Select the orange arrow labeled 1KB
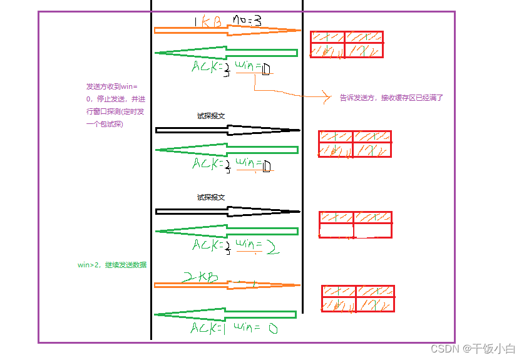click(x=225, y=30)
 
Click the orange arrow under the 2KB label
click(x=225, y=285)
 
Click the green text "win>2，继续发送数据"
click(x=112, y=265)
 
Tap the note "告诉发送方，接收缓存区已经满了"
click(x=391, y=98)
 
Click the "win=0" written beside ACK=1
click(x=255, y=327)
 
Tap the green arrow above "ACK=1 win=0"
click(x=225, y=314)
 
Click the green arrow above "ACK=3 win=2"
click(x=225, y=231)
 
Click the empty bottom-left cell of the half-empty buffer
click(x=336, y=230)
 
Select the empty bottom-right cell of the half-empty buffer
click(x=372, y=230)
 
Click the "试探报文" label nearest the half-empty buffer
click(x=211, y=197)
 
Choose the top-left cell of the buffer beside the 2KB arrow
click(x=339, y=291)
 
